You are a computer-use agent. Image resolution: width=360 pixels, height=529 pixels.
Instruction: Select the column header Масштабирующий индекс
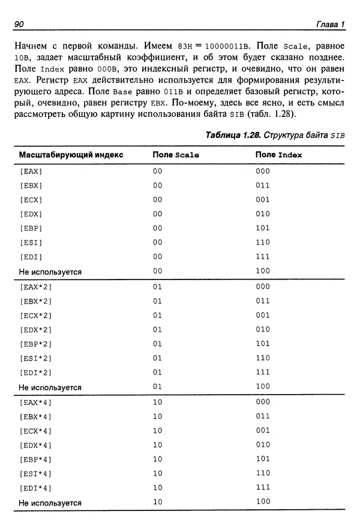(x=71, y=154)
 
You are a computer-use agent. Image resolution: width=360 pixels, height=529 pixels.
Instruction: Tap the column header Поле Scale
(x=176, y=155)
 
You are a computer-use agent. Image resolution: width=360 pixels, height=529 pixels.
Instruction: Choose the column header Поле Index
(x=278, y=155)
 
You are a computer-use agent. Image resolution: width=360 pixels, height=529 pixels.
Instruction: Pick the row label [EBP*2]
(x=36, y=344)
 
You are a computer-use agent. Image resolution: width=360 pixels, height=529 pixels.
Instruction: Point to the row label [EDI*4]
(x=36, y=488)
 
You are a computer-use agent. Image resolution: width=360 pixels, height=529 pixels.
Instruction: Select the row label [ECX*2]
(x=36, y=315)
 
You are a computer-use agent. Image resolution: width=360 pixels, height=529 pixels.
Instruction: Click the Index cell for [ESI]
(x=263, y=243)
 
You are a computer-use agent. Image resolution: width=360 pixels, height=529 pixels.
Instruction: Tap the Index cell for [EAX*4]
(x=263, y=401)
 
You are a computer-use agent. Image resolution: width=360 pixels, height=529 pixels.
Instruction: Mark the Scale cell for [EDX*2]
(x=158, y=329)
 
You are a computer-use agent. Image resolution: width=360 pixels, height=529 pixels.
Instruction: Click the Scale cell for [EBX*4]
(x=158, y=416)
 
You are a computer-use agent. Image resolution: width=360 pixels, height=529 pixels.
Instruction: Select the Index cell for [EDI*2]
(x=263, y=372)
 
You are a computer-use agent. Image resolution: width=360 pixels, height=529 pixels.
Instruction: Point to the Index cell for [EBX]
(x=263, y=185)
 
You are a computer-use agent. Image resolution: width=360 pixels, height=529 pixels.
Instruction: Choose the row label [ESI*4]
(x=36, y=473)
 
